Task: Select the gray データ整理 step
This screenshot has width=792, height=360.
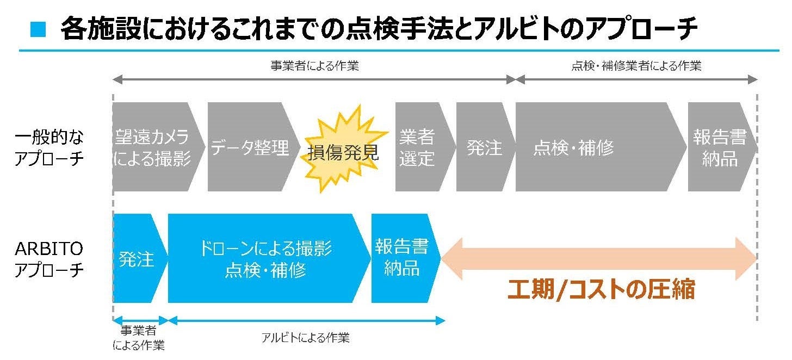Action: (250, 147)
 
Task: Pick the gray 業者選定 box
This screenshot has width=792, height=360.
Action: (418, 147)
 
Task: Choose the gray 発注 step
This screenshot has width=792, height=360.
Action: (484, 147)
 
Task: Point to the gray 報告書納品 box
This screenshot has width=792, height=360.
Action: (720, 147)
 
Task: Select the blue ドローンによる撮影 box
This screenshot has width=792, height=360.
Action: (267, 258)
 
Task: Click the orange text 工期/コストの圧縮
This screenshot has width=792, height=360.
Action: (601, 289)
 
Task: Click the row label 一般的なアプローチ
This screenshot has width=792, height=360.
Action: (49, 147)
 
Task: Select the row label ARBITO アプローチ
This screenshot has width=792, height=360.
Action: (49, 259)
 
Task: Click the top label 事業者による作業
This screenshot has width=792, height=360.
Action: (314, 66)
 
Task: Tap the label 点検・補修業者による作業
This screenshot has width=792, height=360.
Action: (636, 66)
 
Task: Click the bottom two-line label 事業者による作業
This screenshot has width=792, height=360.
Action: (139, 338)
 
